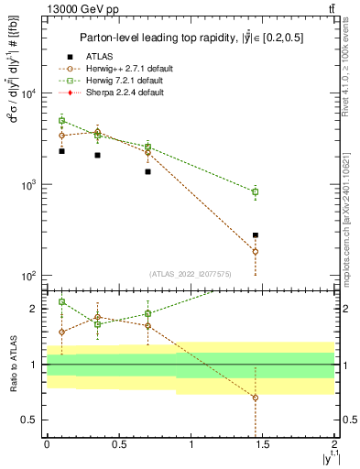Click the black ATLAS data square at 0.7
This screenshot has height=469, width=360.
point(147,171)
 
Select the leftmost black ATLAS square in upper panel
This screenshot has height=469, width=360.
point(61,151)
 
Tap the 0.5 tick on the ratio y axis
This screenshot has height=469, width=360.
point(33,420)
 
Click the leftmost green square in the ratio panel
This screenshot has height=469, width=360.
point(61,301)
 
